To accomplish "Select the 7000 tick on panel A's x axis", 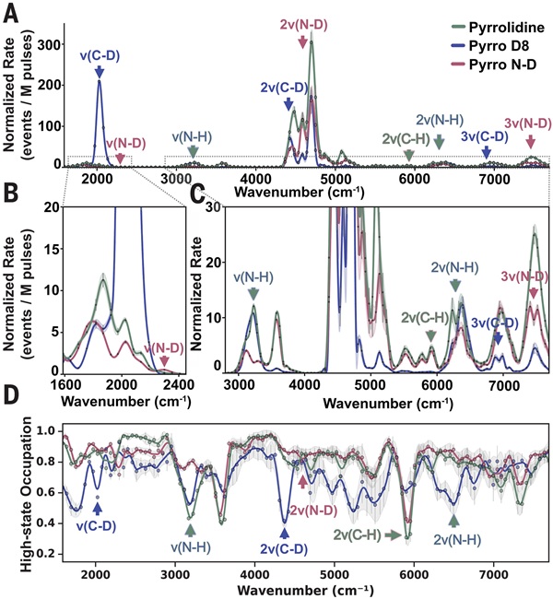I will tap(495, 179).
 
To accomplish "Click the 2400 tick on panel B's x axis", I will tap(175, 383).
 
